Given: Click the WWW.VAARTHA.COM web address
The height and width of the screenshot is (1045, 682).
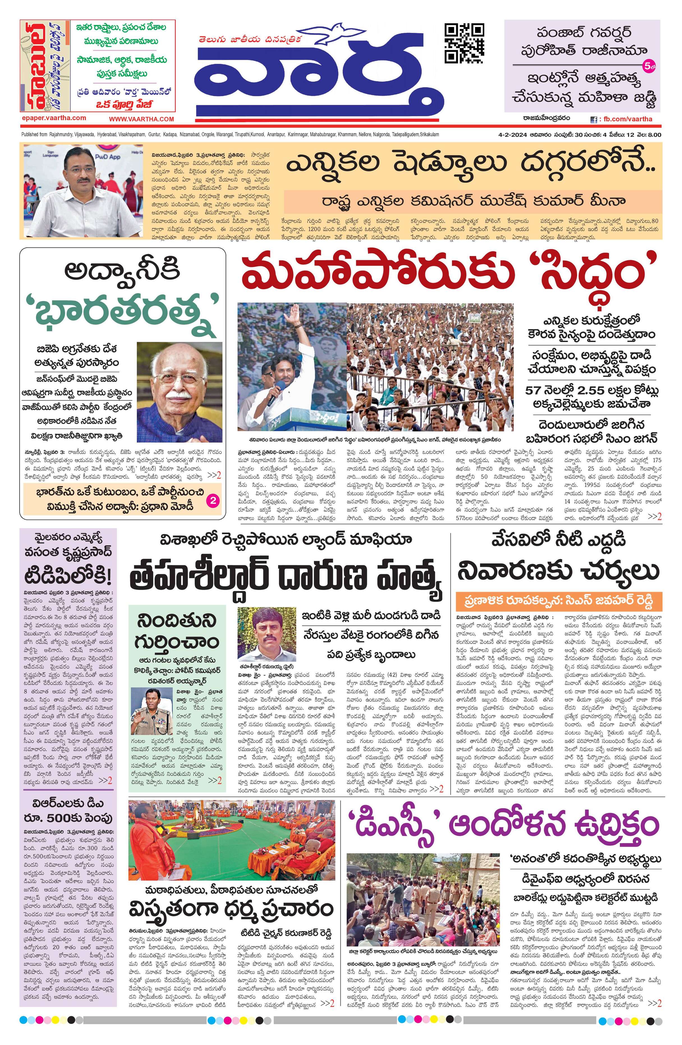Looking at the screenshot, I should (141, 119).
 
